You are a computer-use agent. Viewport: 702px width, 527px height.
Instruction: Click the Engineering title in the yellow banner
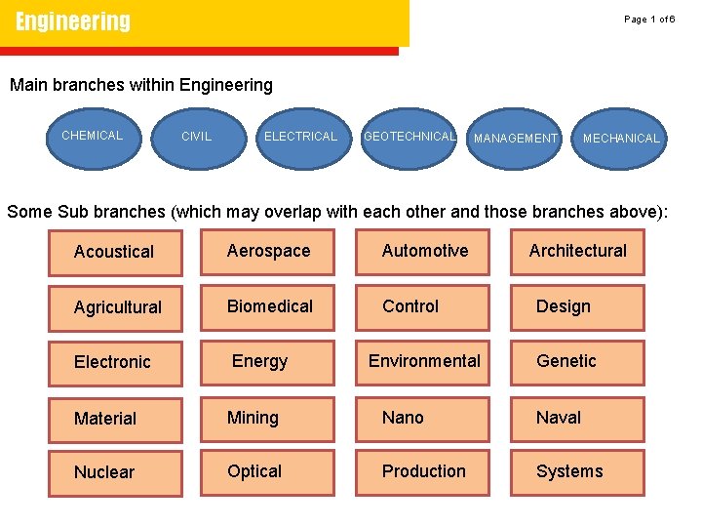73,21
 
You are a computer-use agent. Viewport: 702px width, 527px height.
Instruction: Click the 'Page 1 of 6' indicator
649,20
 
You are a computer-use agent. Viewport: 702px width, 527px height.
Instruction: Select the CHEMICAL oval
93,136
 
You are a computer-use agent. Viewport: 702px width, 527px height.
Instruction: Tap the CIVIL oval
197,137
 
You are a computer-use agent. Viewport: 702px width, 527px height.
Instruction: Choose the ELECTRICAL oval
300,137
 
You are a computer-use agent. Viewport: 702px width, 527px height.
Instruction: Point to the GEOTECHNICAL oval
409,137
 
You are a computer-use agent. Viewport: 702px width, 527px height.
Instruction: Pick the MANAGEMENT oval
515,138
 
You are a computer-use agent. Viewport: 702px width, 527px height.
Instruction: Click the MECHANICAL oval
621,138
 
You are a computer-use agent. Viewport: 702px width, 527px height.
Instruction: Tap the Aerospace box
268,252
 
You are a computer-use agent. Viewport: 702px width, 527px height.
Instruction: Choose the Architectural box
577,252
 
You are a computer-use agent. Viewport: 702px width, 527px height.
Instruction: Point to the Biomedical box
268,306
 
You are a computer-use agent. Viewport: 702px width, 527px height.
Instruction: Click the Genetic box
577,362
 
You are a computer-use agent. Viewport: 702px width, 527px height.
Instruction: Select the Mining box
268,418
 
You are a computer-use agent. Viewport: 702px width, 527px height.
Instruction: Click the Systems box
577,472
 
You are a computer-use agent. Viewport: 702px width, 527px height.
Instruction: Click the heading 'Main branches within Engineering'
141,85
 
